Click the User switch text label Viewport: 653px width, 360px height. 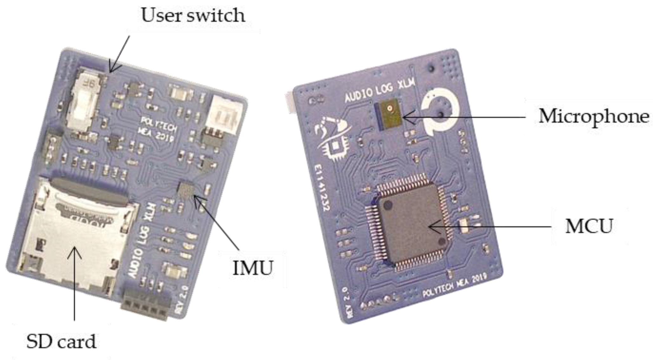[193, 15]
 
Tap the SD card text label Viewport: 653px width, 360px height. [61, 342]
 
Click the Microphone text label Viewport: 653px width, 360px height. [593, 116]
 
